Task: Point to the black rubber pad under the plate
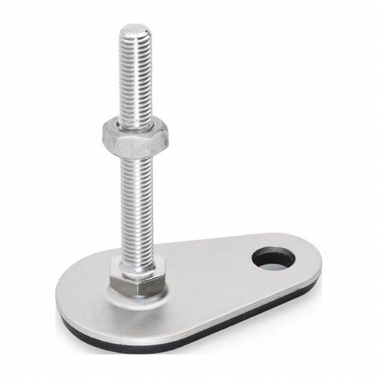click(x=142, y=347)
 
